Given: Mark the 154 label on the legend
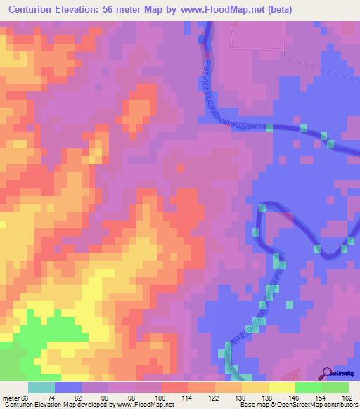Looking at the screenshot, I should tap(320, 398).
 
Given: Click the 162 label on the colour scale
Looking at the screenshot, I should tap(347, 398).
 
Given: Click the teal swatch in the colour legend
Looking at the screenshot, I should tap(41, 387).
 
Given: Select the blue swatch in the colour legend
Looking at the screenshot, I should tap(67, 387).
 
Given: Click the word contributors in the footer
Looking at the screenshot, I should tap(339, 405).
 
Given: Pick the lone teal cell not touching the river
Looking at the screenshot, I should tap(288, 304).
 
